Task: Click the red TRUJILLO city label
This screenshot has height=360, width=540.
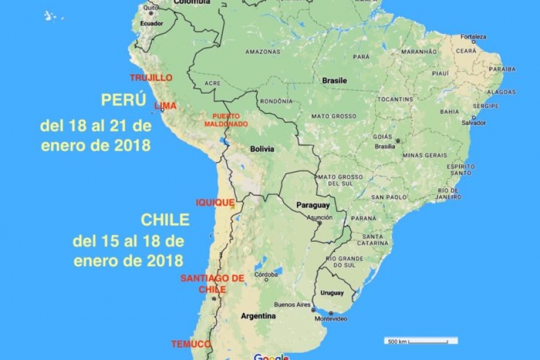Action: click(151, 78)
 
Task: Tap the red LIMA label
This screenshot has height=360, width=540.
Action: click(166, 106)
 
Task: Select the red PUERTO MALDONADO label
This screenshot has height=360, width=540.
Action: click(226, 120)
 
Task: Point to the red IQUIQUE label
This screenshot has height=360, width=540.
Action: click(215, 203)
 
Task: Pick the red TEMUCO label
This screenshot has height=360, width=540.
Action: click(191, 344)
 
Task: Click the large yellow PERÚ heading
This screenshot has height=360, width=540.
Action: click(124, 100)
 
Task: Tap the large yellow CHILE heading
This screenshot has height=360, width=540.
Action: click(165, 220)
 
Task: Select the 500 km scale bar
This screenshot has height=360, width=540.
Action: click(421, 341)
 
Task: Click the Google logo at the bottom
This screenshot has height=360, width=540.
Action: click(271, 357)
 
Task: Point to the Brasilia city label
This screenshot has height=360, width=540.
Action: click(384, 146)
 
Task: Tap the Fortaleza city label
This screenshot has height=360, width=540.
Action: click(473, 37)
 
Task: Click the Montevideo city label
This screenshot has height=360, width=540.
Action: click(331, 319)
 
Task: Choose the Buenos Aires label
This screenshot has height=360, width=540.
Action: click(292, 304)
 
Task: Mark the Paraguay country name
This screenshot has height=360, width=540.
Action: click(313, 205)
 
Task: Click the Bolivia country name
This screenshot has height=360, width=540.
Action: click(262, 148)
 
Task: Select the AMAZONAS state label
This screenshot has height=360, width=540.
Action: click(262, 52)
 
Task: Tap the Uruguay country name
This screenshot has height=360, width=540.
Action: click(332, 293)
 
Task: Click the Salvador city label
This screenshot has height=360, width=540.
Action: click(474, 122)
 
